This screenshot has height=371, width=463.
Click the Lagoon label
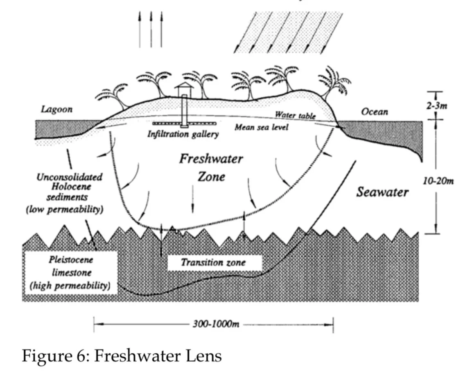pos(56,110)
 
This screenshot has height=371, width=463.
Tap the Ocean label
pos(375,112)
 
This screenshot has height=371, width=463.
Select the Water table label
pos(295,115)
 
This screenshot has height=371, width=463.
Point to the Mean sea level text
pos(261,127)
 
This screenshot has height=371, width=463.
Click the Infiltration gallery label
pos(183,134)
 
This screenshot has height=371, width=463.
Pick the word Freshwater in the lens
pos(211,159)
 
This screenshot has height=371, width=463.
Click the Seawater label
pos(382,192)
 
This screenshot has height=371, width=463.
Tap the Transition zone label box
pos(215,263)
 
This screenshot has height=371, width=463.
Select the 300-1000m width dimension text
pos(216,324)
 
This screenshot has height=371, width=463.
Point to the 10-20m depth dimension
pos(438,181)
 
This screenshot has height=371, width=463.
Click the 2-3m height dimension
pos(436,106)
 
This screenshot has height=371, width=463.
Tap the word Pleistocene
pos(71,260)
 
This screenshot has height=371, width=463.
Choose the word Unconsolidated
pos(70,177)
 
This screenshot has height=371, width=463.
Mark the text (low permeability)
pos(65,210)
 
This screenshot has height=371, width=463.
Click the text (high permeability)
pos(70,286)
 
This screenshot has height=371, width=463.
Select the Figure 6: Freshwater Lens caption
pos(122,356)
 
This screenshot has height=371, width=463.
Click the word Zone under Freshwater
pos(211,177)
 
